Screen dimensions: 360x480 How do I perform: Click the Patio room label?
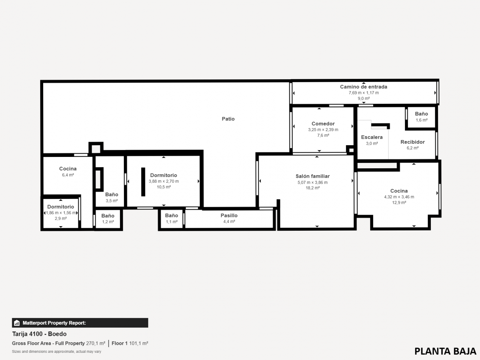[228, 119]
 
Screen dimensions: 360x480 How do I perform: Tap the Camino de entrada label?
[363, 87]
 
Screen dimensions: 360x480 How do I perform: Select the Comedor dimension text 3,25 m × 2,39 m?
[323, 130]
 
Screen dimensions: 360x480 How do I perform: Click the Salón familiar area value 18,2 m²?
[313, 188]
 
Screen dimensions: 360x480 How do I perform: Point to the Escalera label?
[372, 137]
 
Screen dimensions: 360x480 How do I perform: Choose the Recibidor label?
[413, 142]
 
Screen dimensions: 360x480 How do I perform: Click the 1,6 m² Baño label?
[421, 114]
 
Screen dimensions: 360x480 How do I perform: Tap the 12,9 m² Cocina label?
[399, 191]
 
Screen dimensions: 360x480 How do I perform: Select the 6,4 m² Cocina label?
[68, 169]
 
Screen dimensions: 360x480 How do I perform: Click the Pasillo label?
[229, 216]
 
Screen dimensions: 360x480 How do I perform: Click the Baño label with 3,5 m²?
[112, 194]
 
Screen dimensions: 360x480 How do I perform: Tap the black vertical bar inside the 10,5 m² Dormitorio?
[143, 182]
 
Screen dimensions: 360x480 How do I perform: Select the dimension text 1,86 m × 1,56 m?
[61, 213]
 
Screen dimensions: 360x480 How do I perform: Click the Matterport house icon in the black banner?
[17, 323]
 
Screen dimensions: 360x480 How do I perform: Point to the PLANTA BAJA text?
[445, 351]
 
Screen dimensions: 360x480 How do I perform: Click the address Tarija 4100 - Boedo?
[39, 334]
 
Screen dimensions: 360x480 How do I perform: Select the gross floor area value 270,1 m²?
[95, 343]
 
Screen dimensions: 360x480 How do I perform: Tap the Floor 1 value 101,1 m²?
[138, 343]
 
